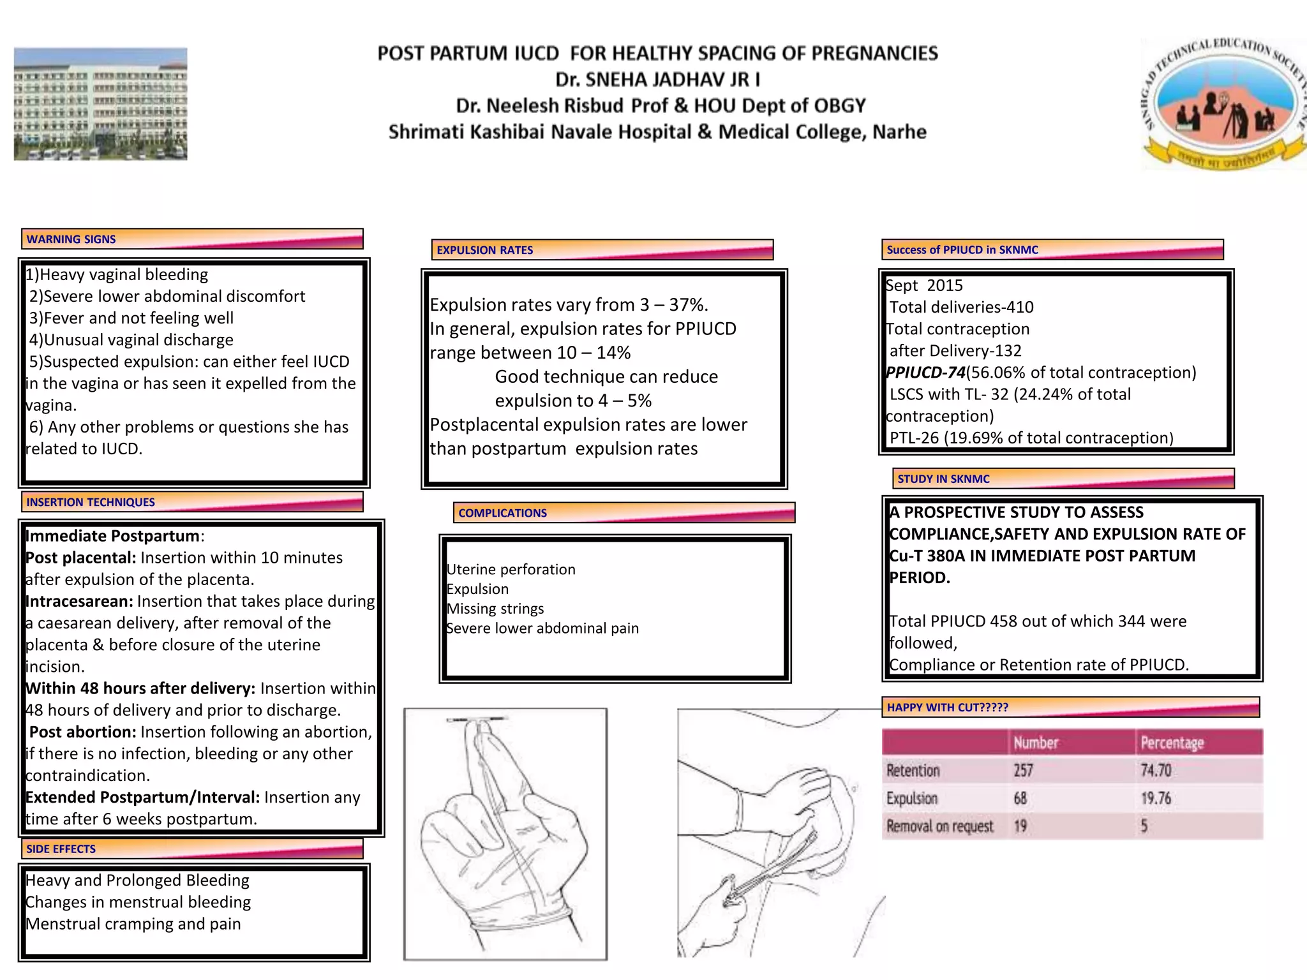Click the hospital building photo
pyautogui.click(x=101, y=104)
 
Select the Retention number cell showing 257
pyautogui.click(x=1023, y=771)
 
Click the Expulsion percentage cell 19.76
pyautogui.click(x=1156, y=799)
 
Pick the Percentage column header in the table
pyautogui.click(x=1172, y=743)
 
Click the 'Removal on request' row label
pyautogui.click(x=939, y=827)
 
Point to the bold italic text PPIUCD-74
pyautogui.click(x=925, y=373)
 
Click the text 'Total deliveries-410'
pyautogui.click(x=961, y=308)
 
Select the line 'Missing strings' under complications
pyautogui.click(x=495, y=609)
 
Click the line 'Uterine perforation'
pyautogui.click(x=511, y=570)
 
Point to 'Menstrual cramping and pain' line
pyautogui.click(x=133, y=924)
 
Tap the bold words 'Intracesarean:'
pyautogui.click(x=79, y=601)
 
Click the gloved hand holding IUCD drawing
pyautogui.click(x=505, y=833)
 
